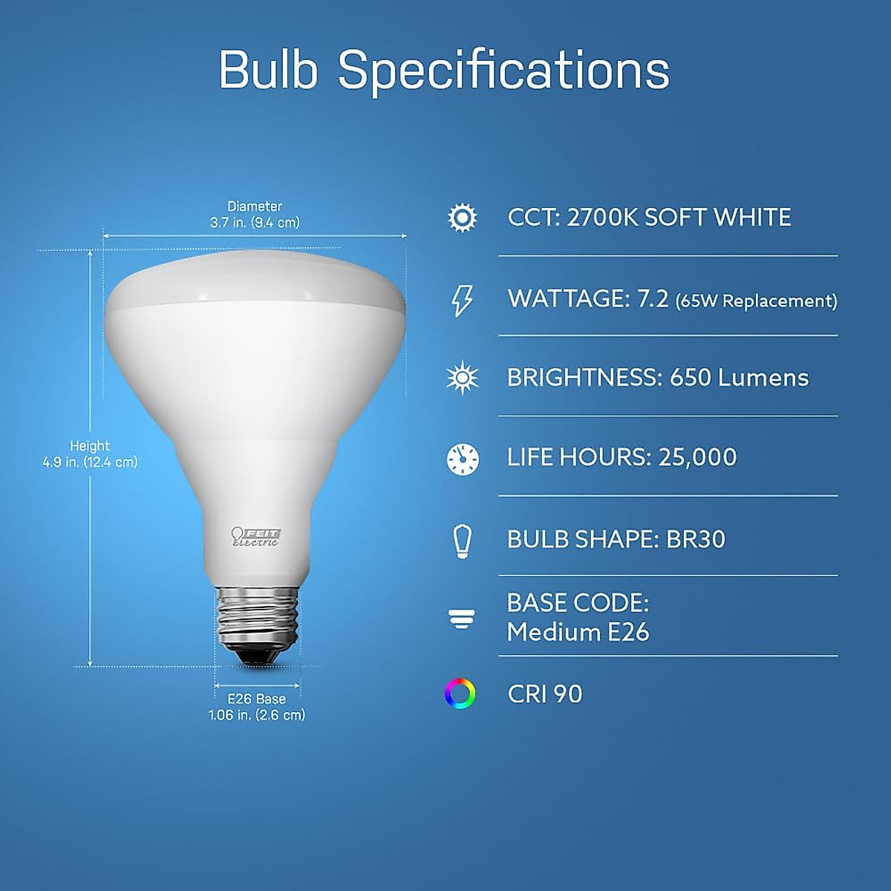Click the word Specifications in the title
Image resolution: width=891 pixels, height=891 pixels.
503,71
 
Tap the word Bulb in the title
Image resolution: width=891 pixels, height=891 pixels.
268,70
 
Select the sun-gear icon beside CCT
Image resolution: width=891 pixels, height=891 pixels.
462,218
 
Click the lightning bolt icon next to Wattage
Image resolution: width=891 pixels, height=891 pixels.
462,300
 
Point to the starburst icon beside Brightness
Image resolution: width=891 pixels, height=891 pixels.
462,378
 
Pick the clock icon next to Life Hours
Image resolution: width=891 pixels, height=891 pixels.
462,458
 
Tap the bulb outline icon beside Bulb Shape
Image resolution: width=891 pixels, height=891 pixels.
462,540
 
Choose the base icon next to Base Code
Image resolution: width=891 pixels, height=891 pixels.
462,619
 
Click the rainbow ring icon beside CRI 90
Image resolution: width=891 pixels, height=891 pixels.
460,693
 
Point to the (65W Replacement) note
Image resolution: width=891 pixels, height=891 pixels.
756,301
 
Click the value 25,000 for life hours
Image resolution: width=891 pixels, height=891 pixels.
697,457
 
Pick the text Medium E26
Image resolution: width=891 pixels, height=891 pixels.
578,633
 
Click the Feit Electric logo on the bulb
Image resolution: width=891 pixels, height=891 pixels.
255,537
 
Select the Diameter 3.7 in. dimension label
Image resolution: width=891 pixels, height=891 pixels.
255,215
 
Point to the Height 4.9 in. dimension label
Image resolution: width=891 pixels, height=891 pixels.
90,454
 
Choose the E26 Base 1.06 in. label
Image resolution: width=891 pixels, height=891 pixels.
256,707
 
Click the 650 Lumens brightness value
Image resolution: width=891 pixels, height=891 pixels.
739,378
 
